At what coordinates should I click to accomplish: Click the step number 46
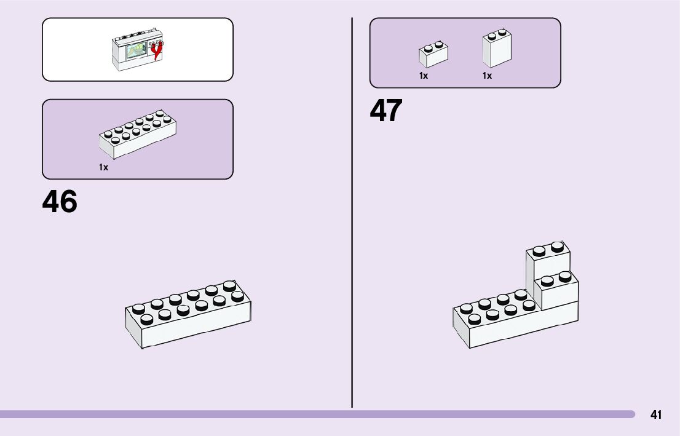click(60, 202)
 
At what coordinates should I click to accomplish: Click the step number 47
click(386, 111)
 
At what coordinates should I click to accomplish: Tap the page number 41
click(656, 414)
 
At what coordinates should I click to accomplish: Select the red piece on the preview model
click(159, 51)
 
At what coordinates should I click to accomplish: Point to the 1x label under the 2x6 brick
click(104, 167)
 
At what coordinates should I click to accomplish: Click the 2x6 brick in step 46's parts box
click(138, 135)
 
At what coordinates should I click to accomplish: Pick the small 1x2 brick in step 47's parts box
click(433, 54)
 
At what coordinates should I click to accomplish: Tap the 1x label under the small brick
click(424, 76)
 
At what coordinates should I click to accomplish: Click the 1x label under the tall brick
click(487, 76)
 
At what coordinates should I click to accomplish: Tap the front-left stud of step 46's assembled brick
click(146, 319)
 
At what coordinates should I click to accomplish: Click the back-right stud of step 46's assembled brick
click(229, 285)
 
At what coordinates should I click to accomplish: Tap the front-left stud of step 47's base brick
click(474, 319)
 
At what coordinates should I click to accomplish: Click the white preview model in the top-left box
click(138, 50)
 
